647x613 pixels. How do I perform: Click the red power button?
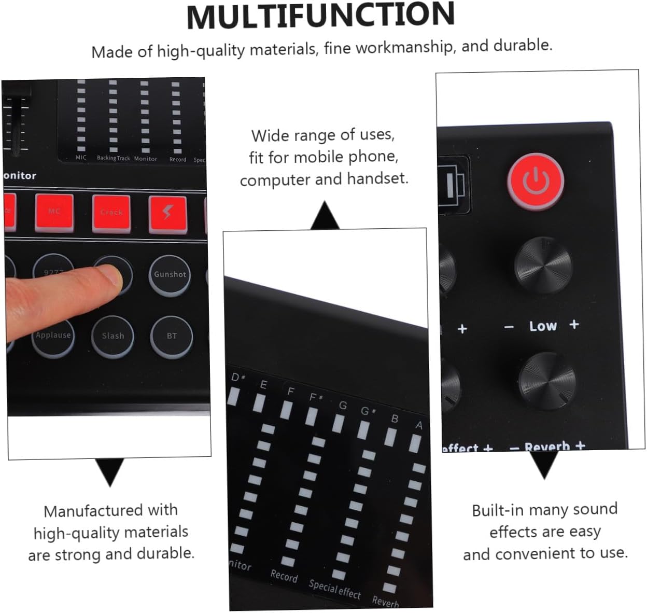pyautogui.click(x=536, y=182)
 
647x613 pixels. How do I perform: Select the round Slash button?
pyautogui.click(x=112, y=336)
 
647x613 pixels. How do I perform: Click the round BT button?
pyautogui.click(x=172, y=336)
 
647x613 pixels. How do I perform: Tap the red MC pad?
pyautogui.click(x=54, y=212)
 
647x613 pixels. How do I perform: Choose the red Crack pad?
pyautogui.click(x=111, y=213)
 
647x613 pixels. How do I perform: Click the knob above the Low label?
pyautogui.click(x=543, y=266)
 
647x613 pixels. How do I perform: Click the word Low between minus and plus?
pyautogui.click(x=543, y=326)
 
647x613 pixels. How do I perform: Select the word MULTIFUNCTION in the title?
pyautogui.click(x=320, y=16)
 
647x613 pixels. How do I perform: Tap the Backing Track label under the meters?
pyautogui.click(x=113, y=158)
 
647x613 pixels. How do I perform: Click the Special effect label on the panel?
pyautogui.click(x=334, y=589)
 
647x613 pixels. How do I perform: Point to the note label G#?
pyautogui.click(x=367, y=412)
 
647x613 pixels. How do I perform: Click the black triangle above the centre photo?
pyautogui.click(x=325, y=215)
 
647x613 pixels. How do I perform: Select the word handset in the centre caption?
pyautogui.click(x=377, y=179)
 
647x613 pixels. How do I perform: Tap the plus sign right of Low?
pyautogui.click(x=574, y=325)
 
